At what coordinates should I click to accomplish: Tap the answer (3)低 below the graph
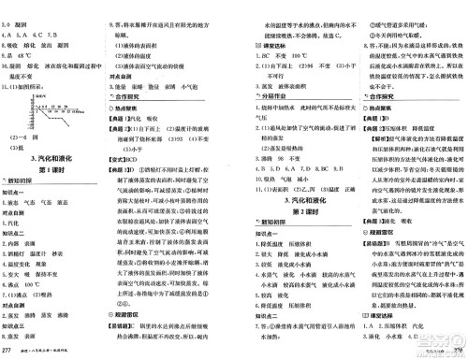(22, 145)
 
